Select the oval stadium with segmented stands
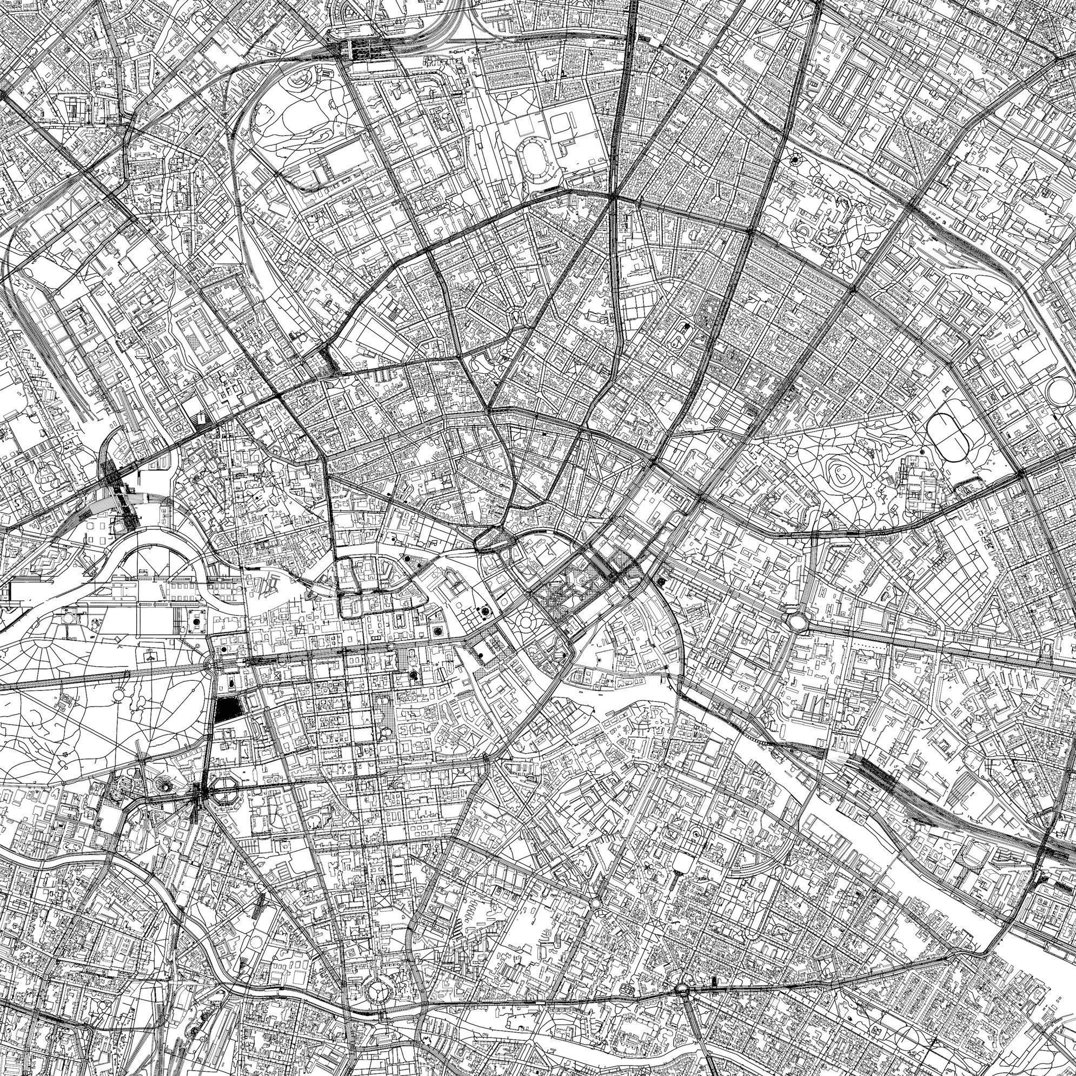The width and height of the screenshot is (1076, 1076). [535, 161]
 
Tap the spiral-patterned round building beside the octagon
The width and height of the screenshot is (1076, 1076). [164, 786]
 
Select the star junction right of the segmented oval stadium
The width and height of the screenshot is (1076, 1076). [613, 197]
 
